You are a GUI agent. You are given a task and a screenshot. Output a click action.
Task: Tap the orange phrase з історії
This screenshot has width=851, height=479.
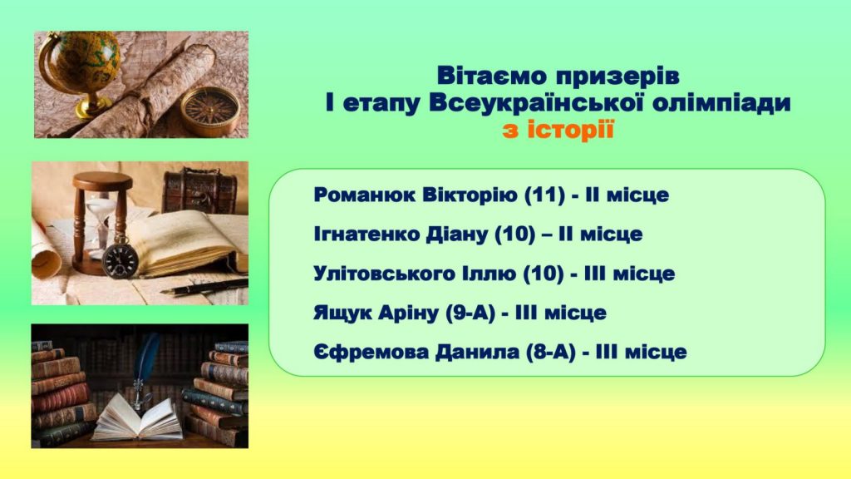coord(558,131)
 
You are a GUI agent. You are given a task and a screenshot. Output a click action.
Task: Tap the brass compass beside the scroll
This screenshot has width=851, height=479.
coord(210,111)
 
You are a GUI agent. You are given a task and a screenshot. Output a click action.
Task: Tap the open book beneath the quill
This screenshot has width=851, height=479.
coord(138,418)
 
